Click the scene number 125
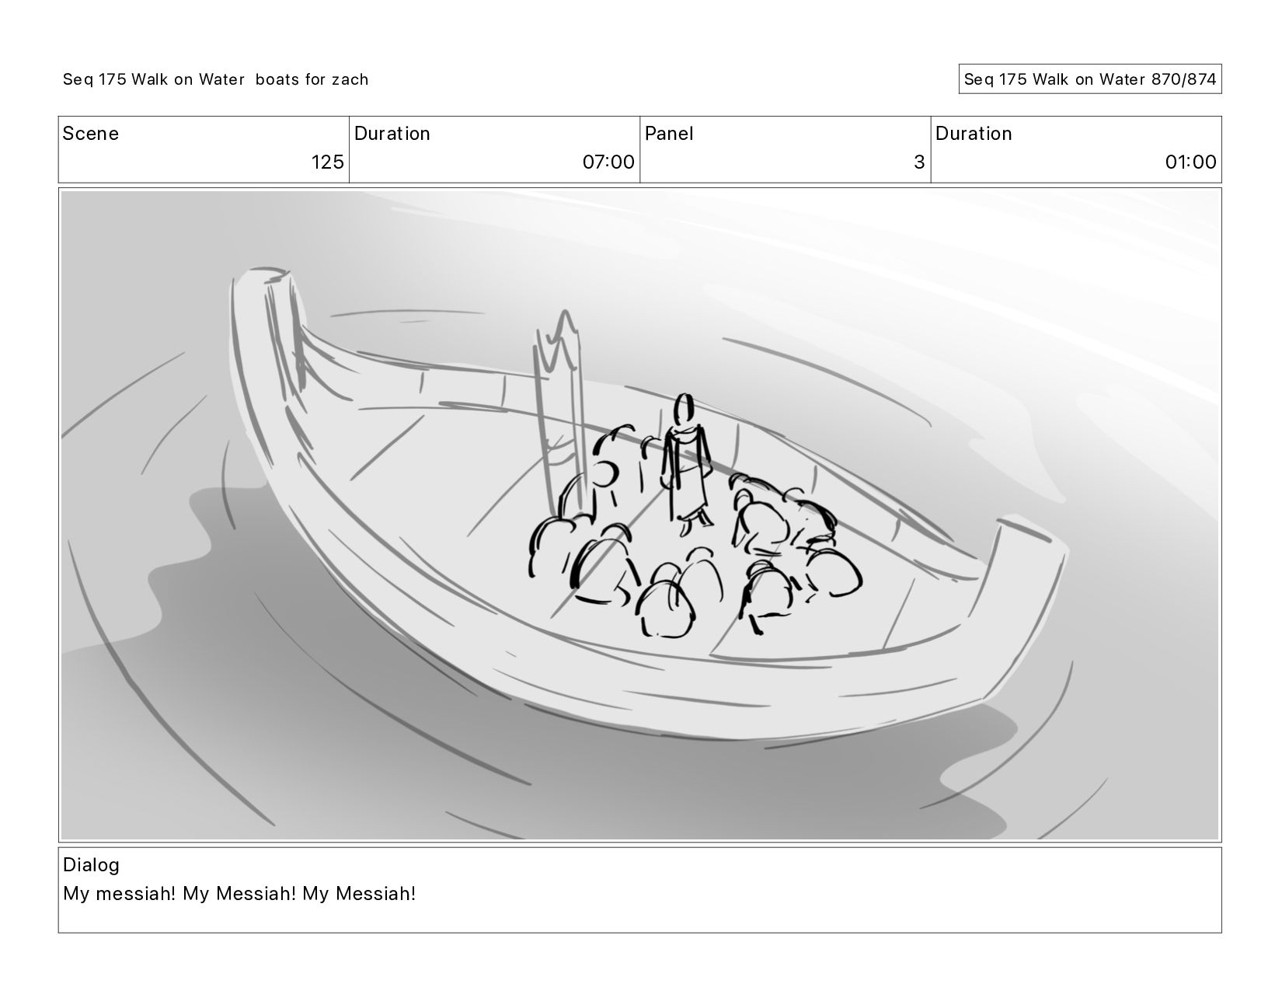click(327, 162)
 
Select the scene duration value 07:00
click(608, 162)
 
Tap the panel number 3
click(919, 162)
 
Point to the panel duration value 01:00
click(1190, 162)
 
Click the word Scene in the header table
click(90, 134)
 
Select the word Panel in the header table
click(669, 134)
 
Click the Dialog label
click(91, 865)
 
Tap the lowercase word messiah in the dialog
click(136, 894)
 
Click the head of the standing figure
click(684, 408)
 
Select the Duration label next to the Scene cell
click(392, 134)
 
